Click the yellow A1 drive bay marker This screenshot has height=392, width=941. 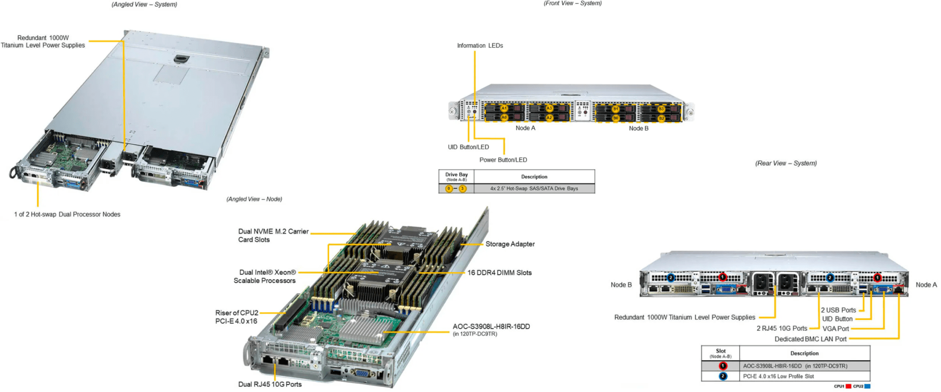pyautogui.click(x=504, y=108)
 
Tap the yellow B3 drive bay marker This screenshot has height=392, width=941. pyautogui.click(x=661, y=109)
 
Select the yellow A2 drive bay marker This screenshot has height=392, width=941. pyautogui.click(x=549, y=118)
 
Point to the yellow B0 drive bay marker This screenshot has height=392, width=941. pyautogui.click(x=616, y=118)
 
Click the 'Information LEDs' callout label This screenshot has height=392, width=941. pyautogui.click(x=480, y=45)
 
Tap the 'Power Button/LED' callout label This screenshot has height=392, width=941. pyautogui.click(x=503, y=160)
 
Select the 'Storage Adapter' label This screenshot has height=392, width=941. pyautogui.click(x=510, y=244)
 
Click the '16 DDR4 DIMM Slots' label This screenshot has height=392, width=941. pyautogui.click(x=499, y=273)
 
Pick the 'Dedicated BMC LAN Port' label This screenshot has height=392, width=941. pyautogui.click(x=811, y=339)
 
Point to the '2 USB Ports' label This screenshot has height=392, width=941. pyautogui.click(x=839, y=310)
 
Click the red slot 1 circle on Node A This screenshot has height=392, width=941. pyautogui.click(x=877, y=278)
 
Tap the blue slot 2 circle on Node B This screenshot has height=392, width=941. pyautogui.click(x=671, y=278)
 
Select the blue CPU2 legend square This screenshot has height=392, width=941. pyautogui.click(x=867, y=386)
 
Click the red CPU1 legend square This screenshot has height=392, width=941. pyautogui.click(x=848, y=386)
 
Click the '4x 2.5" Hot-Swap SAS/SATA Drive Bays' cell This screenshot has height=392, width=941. pyautogui.click(x=534, y=188)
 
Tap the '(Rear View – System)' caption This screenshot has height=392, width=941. pyautogui.click(x=786, y=163)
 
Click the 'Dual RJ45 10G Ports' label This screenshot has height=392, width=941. pyautogui.click(x=270, y=384)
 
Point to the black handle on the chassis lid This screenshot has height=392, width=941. pyautogui.click(x=181, y=59)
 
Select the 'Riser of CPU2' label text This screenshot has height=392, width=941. pyautogui.click(x=237, y=313)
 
